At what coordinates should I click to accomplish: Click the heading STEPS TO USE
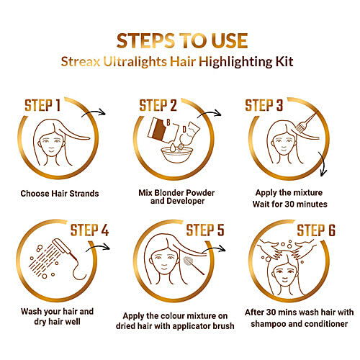click(x=180, y=38)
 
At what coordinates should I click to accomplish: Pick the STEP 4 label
click(x=89, y=231)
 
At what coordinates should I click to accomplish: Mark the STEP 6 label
click(x=320, y=231)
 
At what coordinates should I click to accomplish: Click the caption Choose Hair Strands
click(x=60, y=194)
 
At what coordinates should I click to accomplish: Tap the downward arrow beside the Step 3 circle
click(x=322, y=171)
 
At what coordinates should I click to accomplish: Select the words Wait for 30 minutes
click(x=292, y=204)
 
